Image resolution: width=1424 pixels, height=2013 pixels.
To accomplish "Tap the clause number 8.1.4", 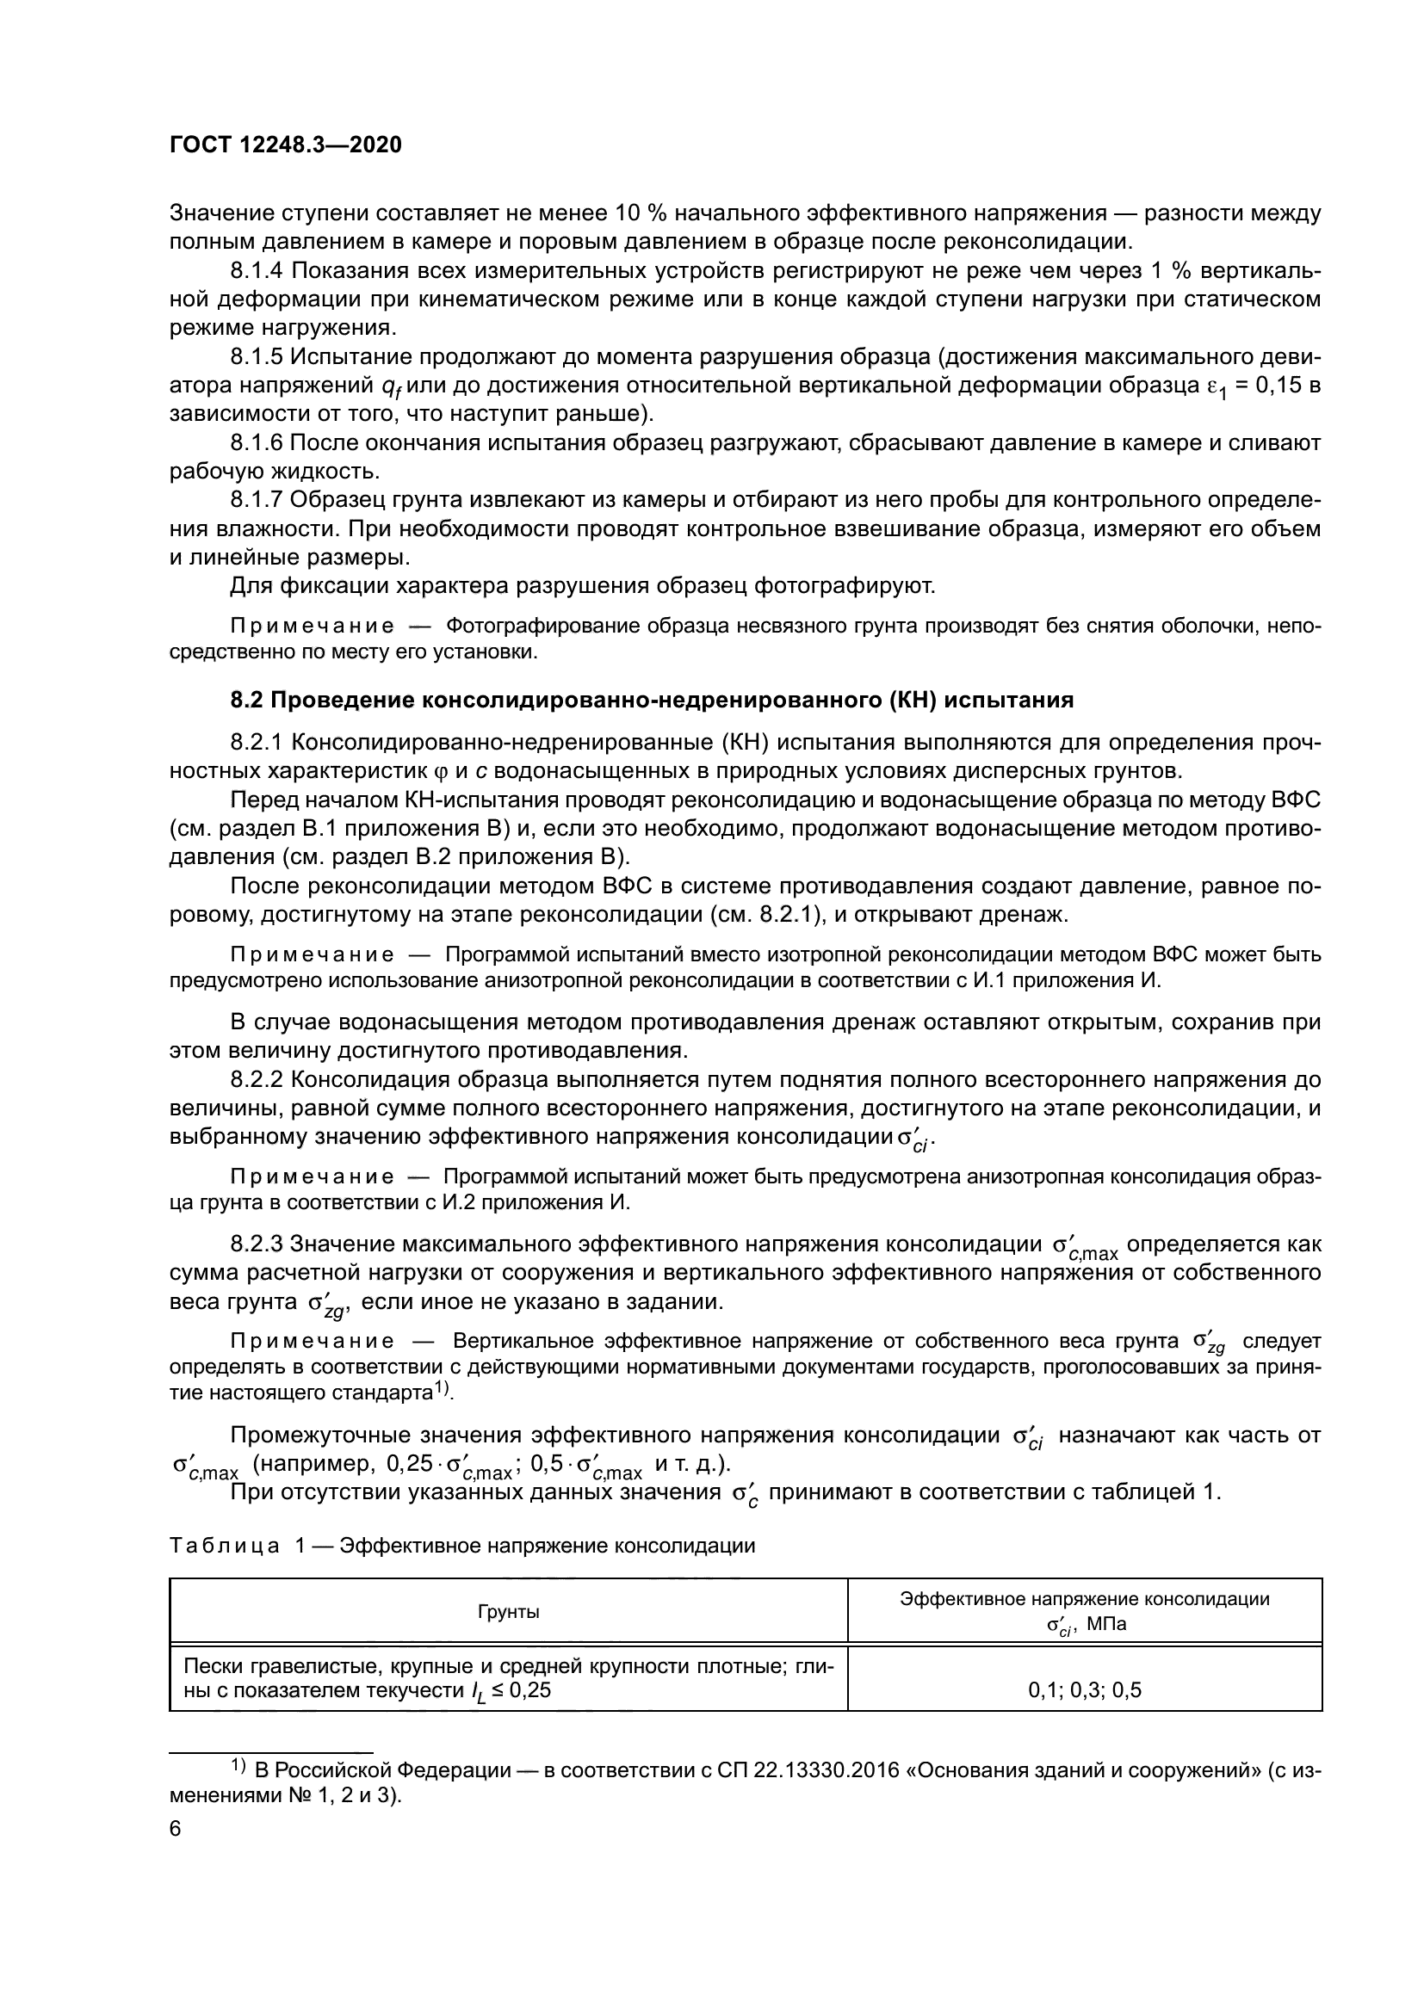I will [257, 271].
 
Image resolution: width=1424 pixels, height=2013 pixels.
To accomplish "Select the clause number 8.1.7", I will [257, 500].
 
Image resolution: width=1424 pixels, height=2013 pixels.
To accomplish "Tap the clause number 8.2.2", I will [257, 1079].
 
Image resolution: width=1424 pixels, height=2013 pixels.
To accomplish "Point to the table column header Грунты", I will [509, 1611].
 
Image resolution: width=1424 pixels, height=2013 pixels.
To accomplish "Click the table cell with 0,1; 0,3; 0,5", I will [1085, 1690].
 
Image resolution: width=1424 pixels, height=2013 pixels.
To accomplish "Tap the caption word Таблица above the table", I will [225, 1546].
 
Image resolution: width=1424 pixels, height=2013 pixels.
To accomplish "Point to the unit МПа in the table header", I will [1106, 1624].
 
